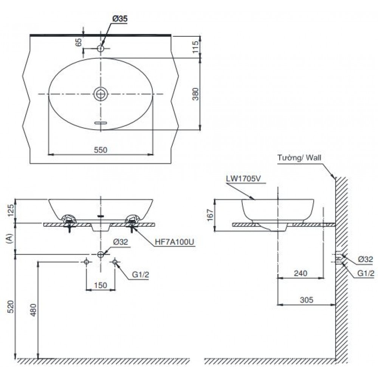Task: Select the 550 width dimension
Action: [x=101, y=150]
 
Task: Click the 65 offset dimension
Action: [x=79, y=42]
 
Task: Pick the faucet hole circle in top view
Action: [x=101, y=49]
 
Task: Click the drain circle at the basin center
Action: [x=101, y=93]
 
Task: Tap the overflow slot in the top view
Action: [x=101, y=123]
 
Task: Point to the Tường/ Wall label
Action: [x=299, y=158]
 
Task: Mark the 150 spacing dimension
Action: [x=100, y=285]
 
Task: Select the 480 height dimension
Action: [x=33, y=310]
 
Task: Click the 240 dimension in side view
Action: [x=301, y=273]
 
